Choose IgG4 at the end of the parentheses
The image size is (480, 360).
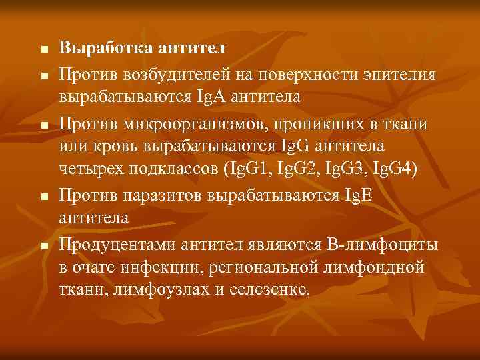pyautogui.click(x=399, y=169)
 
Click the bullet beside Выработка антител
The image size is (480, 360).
pyautogui.click(x=43, y=50)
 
